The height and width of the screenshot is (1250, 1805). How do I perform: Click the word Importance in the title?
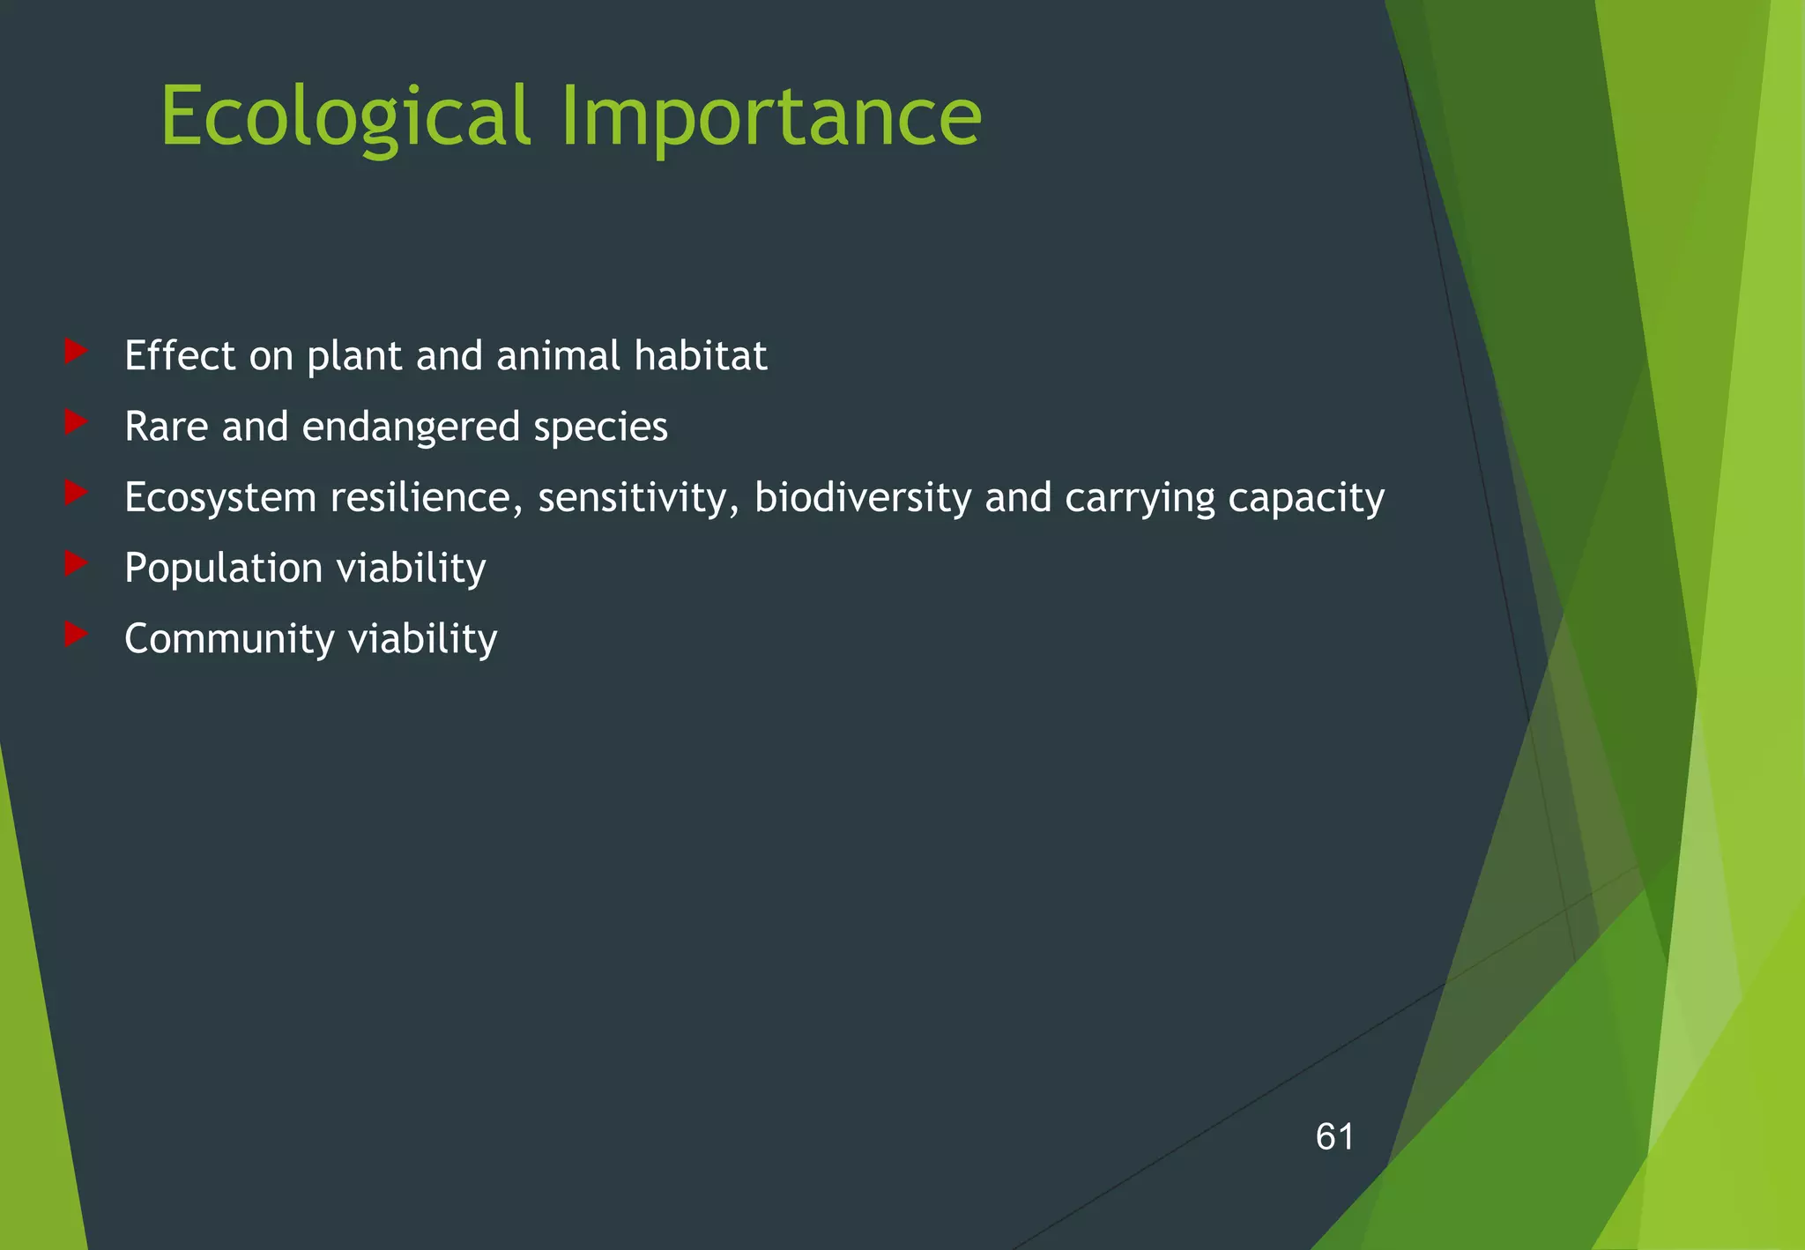(x=770, y=116)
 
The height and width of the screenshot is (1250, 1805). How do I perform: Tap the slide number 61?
(x=1334, y=1137)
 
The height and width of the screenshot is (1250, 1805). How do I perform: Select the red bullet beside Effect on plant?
(x=76, y=352)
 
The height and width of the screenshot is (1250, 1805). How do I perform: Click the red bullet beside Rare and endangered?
(x=76, y=422)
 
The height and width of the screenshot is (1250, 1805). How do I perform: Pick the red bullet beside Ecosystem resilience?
(x=76, y=493)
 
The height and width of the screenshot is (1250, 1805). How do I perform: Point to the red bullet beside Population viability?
(x=76, y=563)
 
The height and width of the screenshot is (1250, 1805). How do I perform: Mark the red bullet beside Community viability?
(x=76, y=634)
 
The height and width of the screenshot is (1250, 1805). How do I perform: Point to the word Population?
(x=223, y=569)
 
